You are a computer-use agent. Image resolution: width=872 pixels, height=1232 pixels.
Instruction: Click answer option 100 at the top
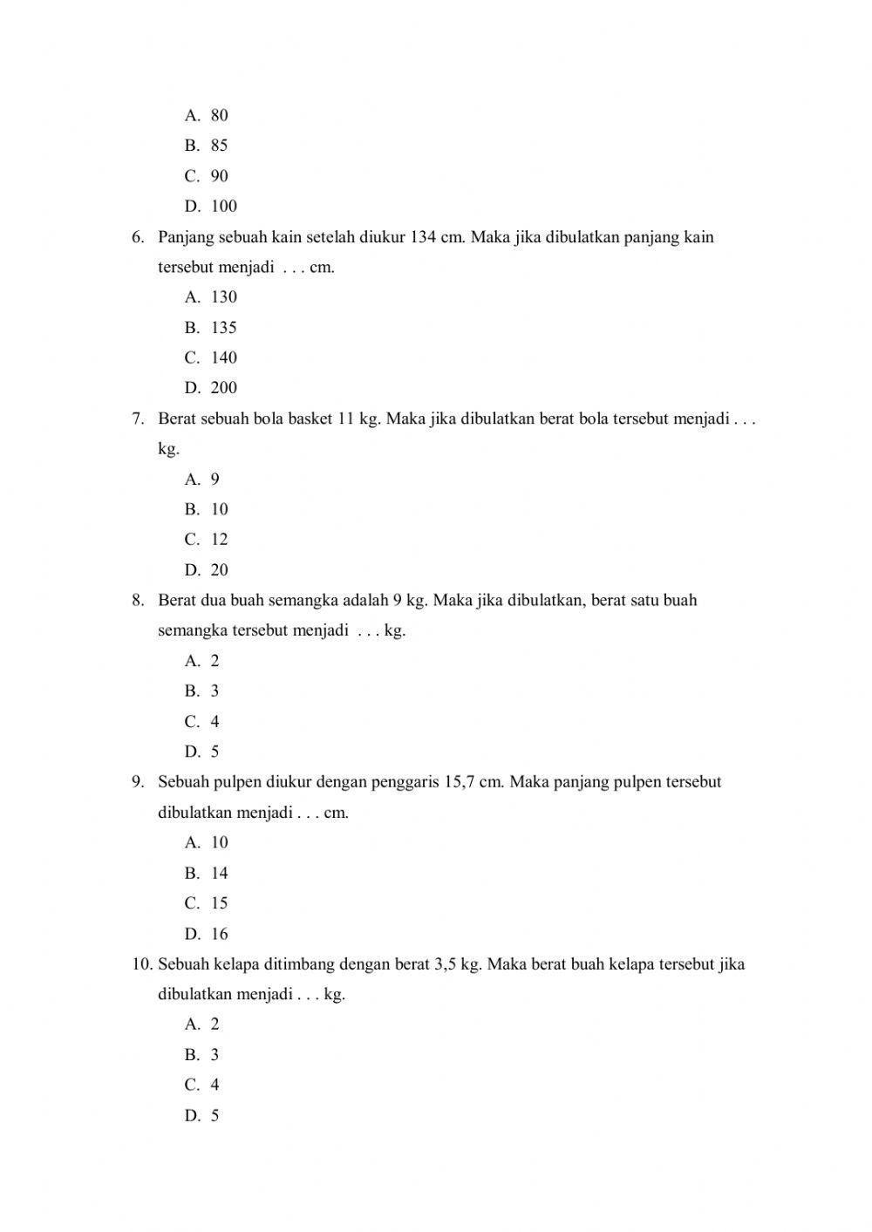tap(223, 207)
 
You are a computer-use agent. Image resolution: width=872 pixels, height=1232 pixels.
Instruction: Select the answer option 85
tap(219, 146)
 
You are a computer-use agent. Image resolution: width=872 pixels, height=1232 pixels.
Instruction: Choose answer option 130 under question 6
tap(223, 297)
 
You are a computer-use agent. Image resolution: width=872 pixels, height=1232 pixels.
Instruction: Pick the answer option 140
tap(223, 357)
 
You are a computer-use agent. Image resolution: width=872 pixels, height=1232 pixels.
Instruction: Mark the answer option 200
tap(223, 388)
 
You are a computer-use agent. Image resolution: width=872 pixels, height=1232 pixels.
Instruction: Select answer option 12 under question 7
tap(219, 540)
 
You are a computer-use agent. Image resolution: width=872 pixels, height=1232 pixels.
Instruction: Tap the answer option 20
tap(219, 570)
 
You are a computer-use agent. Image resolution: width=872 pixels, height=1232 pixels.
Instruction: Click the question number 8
tap(137, 601)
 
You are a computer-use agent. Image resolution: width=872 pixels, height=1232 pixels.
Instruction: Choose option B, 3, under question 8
tap(215, 691)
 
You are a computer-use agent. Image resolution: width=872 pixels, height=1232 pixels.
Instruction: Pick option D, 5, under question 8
tap(215, 752)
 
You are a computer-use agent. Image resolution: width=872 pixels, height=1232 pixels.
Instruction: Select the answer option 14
tap(219, 874)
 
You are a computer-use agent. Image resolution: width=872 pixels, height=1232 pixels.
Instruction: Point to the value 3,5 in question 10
tap(444, 964)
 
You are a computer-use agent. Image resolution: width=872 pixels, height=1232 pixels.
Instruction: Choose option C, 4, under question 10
tap(215, 1086)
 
